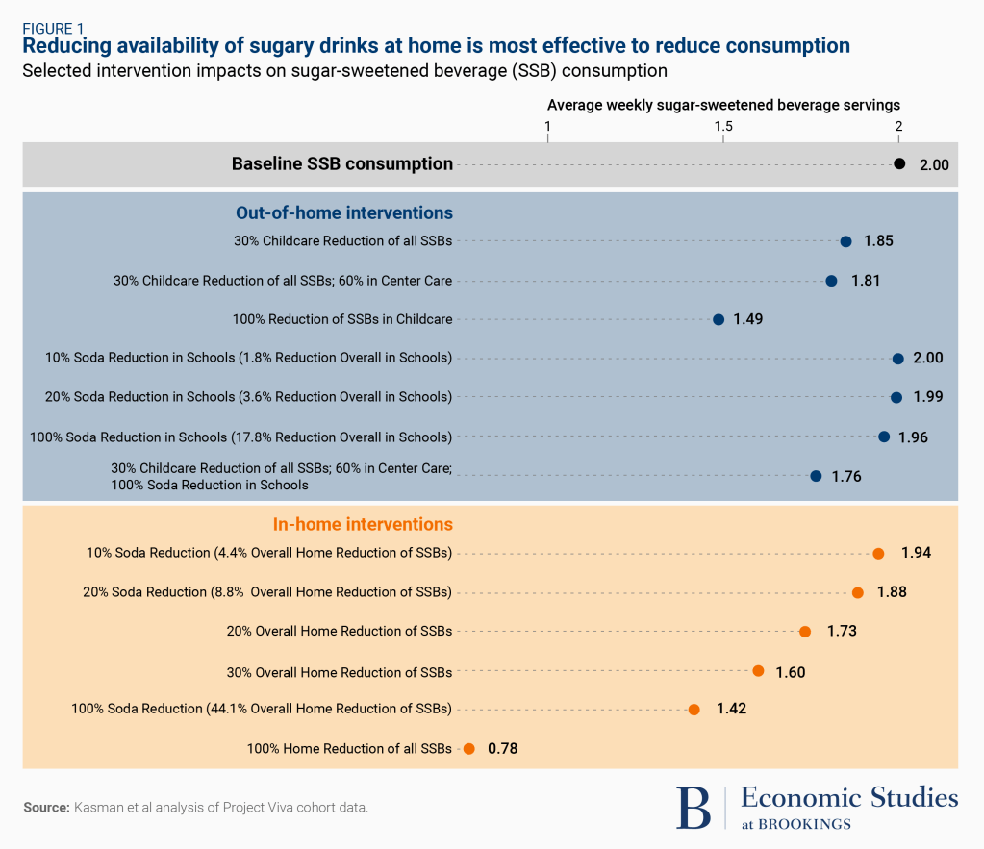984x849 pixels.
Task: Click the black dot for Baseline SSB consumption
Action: (899, 164)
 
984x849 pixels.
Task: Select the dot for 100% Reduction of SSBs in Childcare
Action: (719, 319)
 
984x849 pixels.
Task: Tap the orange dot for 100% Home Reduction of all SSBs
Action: (468, 748)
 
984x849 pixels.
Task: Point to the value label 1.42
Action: (731, 709)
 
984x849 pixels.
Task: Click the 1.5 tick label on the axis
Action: (723, 127)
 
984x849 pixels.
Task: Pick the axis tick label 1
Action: (547, 127)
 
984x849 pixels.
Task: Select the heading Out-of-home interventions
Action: (344, 213)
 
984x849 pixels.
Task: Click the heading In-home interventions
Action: (363, 525)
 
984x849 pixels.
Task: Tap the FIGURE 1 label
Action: (54, 28)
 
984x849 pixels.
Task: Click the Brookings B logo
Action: (694, 807)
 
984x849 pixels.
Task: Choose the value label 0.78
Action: (504, 748)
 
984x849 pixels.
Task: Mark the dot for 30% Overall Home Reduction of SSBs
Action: (758, 670)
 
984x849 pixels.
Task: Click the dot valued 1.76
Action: (816, 475)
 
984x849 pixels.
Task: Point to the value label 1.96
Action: (913, 437)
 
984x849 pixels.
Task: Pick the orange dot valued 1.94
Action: (878, 553)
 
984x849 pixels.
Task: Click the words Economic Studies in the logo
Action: (849, 798)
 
